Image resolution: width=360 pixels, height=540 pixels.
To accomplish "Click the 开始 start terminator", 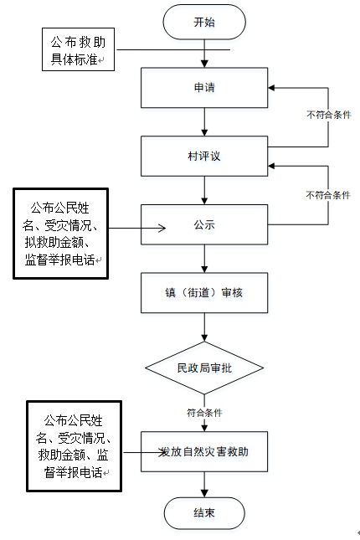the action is pos(204,22).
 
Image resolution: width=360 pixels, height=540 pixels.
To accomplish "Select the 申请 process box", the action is pos(204,88).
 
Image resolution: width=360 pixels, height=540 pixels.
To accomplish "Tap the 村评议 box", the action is pos(204,157).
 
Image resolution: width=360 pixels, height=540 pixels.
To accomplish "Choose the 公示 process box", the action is pos(204,225).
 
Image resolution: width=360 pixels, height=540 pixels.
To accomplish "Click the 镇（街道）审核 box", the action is pos(204,293).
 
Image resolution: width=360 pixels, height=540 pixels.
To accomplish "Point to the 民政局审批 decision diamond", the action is pos(204,368).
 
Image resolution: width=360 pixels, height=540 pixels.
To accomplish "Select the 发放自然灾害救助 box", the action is pos(204,451).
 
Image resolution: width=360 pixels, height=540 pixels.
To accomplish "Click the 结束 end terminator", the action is pos(204,513).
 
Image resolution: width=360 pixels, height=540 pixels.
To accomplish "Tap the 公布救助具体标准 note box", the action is pos(78,49).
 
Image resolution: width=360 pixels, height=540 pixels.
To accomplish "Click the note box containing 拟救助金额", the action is pos(60,234).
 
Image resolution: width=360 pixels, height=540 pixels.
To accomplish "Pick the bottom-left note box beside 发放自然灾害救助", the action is pos(74,446).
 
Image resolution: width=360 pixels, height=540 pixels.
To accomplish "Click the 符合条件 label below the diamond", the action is pos(204,413).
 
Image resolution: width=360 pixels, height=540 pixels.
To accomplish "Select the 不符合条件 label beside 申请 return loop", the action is pos(329,115).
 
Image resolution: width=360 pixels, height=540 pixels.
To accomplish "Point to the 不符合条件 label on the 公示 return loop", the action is pos(328,195).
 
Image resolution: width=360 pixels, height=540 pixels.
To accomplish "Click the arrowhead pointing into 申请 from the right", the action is pos(271,88).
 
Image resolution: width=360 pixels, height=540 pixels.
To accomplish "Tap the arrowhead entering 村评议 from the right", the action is pos(271,166).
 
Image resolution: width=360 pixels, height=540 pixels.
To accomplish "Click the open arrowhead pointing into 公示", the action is pos(162,228).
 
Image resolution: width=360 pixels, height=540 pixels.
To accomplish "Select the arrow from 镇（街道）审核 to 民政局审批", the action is pos(204,327).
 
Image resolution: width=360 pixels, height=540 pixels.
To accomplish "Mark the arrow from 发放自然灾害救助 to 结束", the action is pos(204,485).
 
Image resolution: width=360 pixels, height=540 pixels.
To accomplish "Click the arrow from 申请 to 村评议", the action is pos(204,122).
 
